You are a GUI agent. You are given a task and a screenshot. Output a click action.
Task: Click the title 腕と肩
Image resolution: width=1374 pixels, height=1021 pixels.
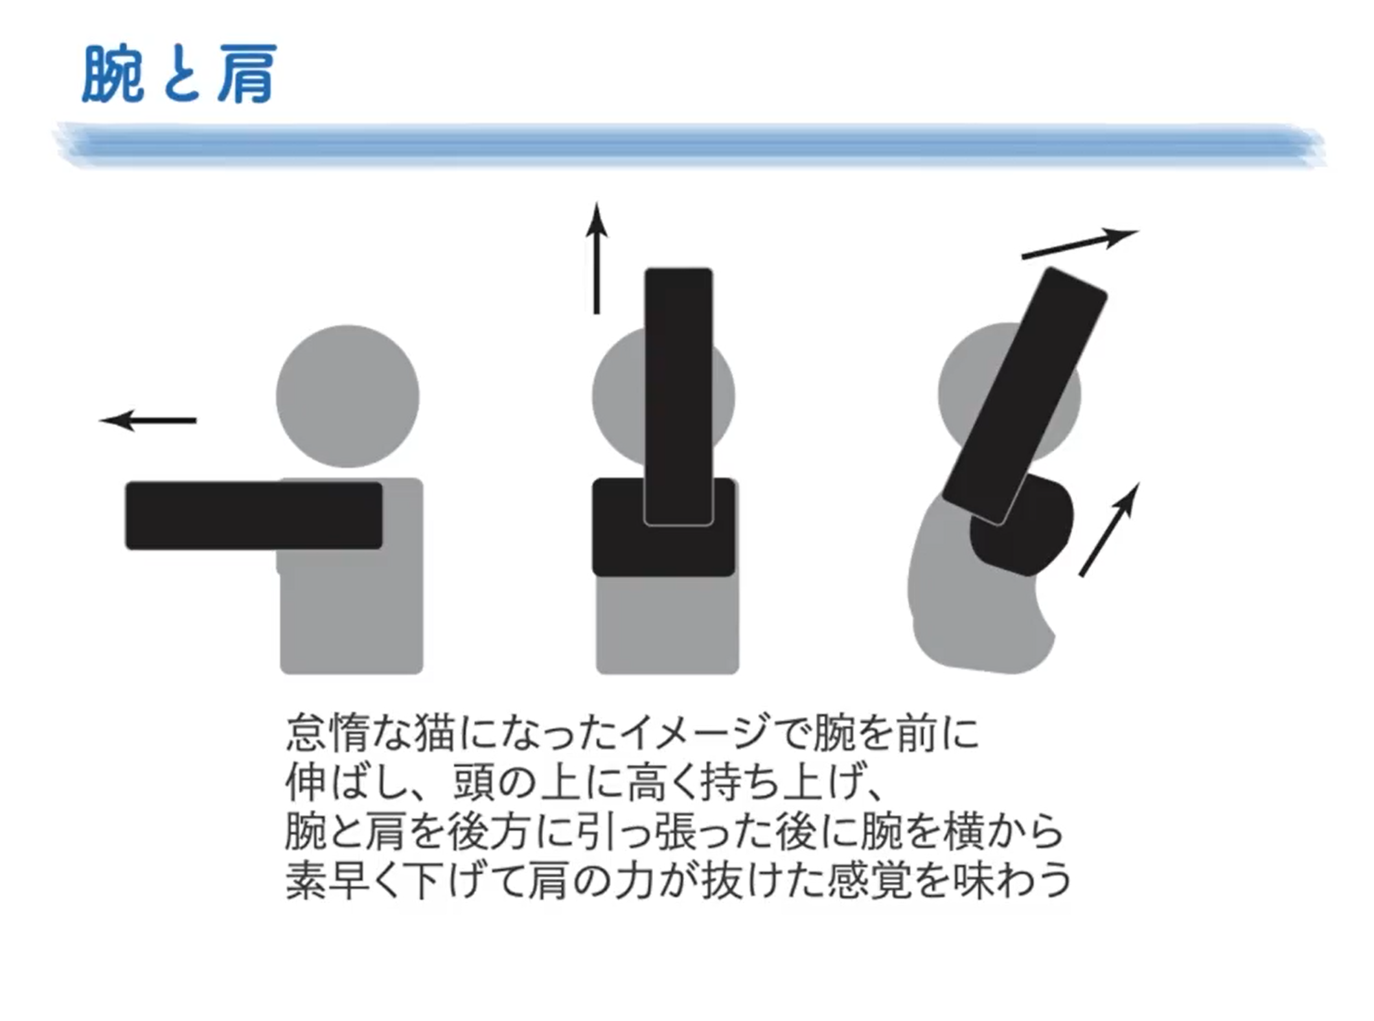[x=179, y=73]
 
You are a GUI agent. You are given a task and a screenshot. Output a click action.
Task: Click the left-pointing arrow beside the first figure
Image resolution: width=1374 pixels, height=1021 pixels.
[x=147, y=420]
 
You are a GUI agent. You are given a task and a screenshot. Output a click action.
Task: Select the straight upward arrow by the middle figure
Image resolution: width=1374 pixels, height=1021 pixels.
[x=597, y=258]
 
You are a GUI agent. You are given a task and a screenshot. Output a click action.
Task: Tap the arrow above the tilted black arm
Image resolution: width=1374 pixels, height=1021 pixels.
[x=1080, y=244]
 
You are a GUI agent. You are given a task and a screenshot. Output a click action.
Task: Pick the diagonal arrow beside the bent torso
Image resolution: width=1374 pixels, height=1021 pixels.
[x=1109, y=529]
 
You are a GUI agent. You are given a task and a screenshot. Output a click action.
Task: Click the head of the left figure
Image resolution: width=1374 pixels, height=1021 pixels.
[x=347, y=396]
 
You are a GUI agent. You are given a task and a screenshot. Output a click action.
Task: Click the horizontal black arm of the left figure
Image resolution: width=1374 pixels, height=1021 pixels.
[x=253, y=516]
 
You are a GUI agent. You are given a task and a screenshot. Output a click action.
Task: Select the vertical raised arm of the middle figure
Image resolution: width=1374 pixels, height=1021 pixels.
[x=679, y=396]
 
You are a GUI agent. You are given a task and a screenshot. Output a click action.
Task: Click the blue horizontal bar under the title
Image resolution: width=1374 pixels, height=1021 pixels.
[x=691, y=144]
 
